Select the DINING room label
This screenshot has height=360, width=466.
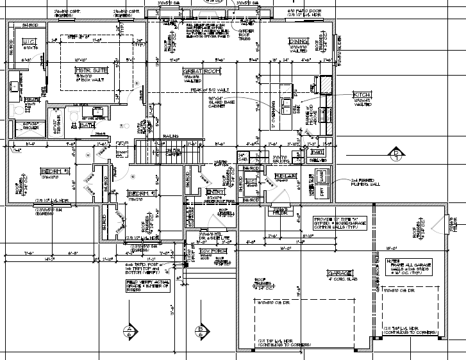(298, 42)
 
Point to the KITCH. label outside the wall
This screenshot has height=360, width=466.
(363, 95)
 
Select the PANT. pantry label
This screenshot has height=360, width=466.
(316, 152)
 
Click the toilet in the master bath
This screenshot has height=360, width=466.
(76, 113)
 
